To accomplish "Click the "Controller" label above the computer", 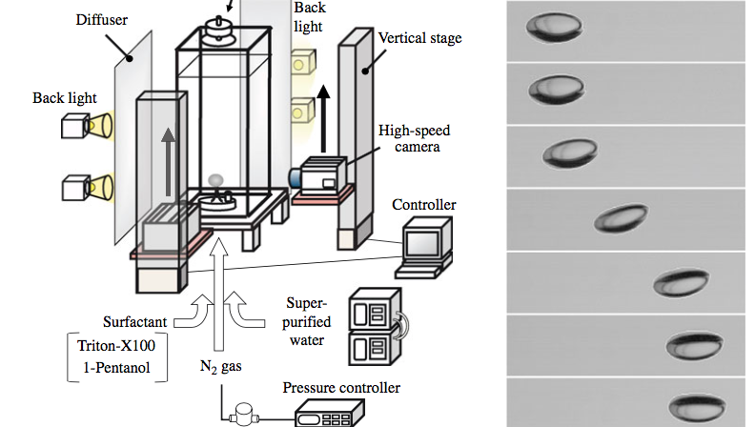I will tap(425, 205).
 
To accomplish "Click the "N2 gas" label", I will tap(219, 366).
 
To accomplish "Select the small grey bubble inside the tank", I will tap(216, 180).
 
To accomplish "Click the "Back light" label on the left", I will tap(63, 98).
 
